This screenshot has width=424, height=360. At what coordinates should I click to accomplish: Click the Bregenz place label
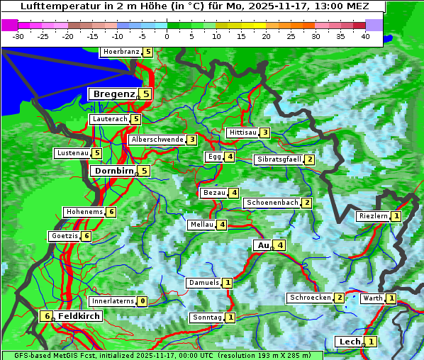(x=113, y=94)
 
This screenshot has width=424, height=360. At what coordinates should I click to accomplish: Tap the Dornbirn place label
(x=113, y=171)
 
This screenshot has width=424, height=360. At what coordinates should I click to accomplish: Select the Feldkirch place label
(x=79, y=316)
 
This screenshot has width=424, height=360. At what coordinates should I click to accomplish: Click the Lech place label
(x=350, y=342)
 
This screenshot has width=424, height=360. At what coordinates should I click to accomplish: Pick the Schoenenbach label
(x=272, y=203)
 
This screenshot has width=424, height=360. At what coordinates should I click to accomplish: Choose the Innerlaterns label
(x=113, y=301)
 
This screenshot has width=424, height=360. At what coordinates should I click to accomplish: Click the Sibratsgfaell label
(x=279, y=159)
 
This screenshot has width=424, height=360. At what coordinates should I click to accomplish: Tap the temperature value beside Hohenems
(x=111, y=212)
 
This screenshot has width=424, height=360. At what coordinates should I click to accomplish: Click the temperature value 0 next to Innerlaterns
(x=143, y=301)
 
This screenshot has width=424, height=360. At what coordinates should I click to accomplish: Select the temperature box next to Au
(x=281, y=245)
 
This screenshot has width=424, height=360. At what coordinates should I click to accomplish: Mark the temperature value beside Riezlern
(x=396, y=216)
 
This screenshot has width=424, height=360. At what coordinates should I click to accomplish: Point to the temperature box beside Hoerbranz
(x=147, y=52)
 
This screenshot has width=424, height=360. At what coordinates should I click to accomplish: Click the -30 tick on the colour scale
(x=18, y=35)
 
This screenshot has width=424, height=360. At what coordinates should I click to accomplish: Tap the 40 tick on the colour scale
(x=365, y=35)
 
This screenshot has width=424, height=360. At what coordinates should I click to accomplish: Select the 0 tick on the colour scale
(x=167, y=35)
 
